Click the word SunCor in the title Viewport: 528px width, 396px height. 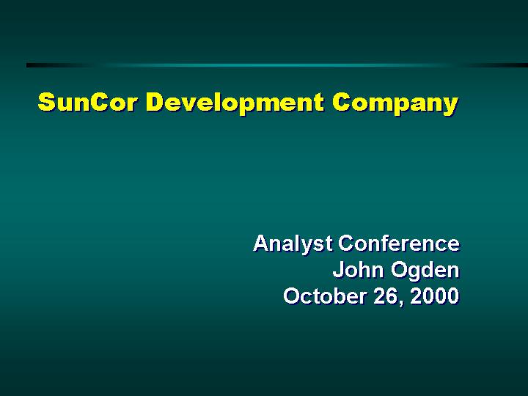point(87,102)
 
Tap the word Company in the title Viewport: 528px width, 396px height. point(395,103)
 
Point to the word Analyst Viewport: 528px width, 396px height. point(293,243)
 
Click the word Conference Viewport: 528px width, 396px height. point(399,243)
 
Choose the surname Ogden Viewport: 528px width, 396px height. point(425,271)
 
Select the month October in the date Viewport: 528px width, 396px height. point(324,296)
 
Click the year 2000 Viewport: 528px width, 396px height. point(435,296)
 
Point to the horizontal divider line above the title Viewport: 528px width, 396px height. point(277,65)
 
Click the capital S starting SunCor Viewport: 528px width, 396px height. point(46,102)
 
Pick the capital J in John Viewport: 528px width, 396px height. point(339,270)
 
